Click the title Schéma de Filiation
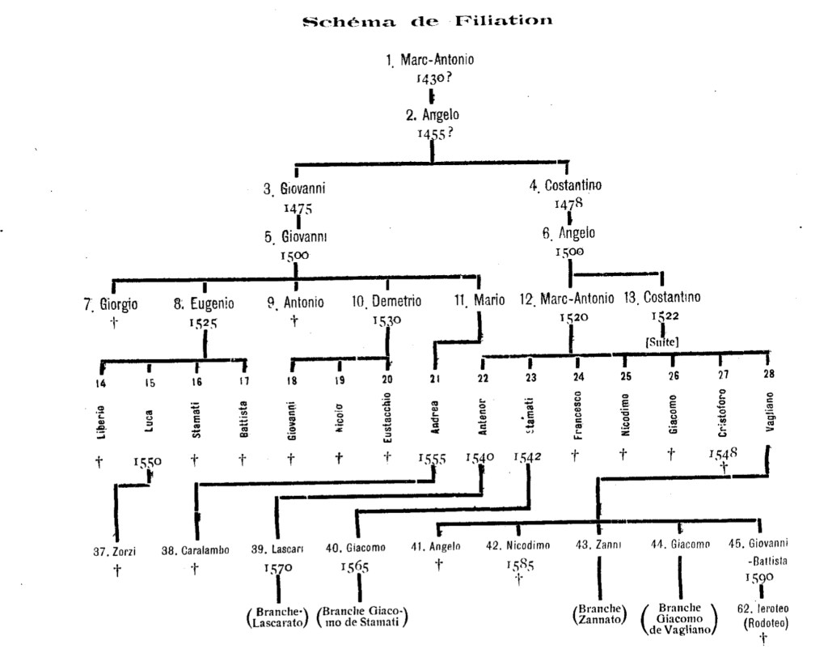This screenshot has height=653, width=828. pos(428,21)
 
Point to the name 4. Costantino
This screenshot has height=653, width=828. pos(566,185)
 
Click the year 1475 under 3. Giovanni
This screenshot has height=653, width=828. pos(298,207)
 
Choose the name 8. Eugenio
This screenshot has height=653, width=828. pos(204,303)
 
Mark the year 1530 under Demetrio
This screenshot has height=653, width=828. pos(387,320)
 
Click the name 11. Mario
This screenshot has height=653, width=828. pos(479,301)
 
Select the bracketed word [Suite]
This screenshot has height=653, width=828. pos(661,342)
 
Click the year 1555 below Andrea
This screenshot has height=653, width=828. pos(433,459)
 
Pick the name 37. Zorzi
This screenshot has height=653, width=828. pos(116,552)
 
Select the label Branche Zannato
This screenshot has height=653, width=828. pos(599,615)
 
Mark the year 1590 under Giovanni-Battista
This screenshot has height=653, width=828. pos(760,578)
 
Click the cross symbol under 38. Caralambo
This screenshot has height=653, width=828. pos(195,569)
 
